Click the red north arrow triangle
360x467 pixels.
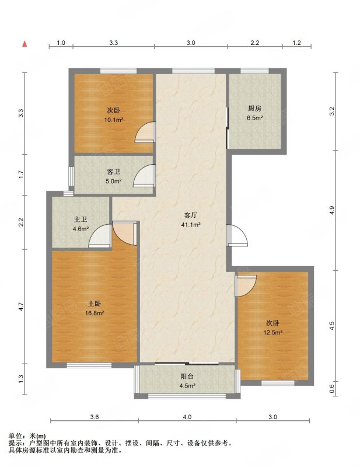25,44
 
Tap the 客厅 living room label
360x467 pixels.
191,215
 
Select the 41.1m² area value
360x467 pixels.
191,225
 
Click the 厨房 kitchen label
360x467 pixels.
254,108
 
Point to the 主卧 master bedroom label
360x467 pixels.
95,304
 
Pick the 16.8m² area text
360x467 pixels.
95,313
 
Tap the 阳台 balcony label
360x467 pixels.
187,376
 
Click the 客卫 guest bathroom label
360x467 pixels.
113,172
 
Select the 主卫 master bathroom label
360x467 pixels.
81,219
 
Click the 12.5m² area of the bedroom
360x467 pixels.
272,332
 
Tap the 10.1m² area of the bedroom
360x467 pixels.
113,120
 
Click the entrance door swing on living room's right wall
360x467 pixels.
237,235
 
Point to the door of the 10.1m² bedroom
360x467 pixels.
145,132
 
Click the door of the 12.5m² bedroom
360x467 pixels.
246,286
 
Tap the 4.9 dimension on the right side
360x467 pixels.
333,210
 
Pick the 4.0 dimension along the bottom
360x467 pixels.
187,417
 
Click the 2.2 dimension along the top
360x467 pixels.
254,43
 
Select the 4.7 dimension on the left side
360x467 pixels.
20,307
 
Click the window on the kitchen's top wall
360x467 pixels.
254,71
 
